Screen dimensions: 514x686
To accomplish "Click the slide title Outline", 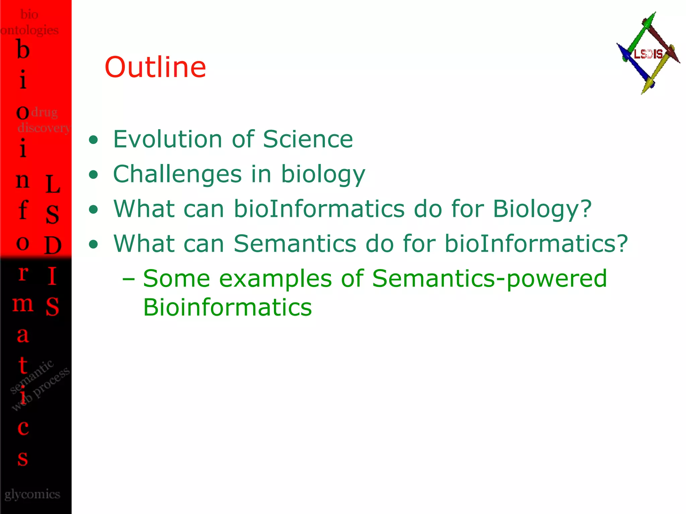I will (155, 67).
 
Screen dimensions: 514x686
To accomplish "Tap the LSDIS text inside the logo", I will (648, 54).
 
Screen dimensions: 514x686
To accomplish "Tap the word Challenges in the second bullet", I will (177, 174).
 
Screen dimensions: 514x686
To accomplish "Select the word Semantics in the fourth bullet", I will (295, 244).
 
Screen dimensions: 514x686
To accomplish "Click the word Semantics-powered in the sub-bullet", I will (489, 278).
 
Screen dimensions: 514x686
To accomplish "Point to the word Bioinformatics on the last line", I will (227, 307).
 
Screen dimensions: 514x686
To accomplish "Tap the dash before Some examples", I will (129, 278).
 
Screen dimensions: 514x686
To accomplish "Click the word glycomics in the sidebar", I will (32, 494).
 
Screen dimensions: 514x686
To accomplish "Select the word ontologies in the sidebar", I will (29, 30).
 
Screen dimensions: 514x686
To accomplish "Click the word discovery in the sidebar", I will (44, 128).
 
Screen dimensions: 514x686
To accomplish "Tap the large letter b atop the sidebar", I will (23, 50).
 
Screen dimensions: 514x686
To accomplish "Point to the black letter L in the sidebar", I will (53, 184).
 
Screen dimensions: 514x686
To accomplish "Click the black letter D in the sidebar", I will (53, 245).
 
